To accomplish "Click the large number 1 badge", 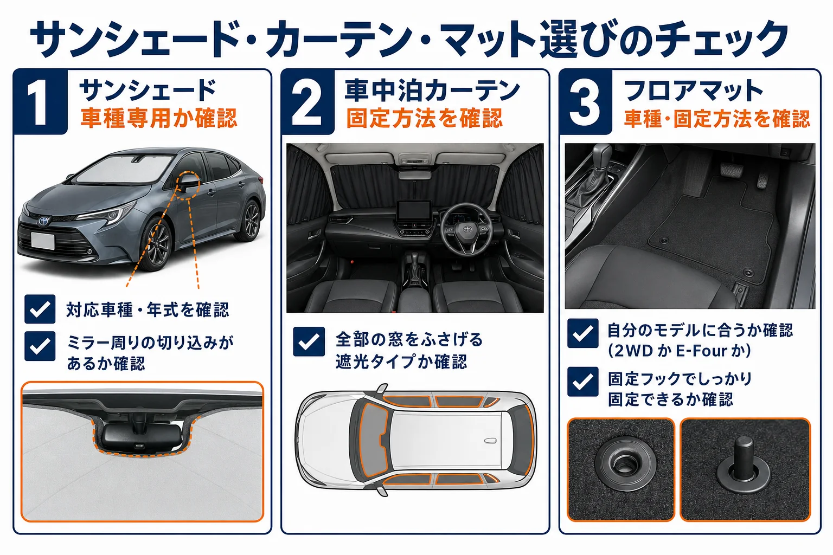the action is tap(41, 101).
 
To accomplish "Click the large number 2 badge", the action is tap(308, 101).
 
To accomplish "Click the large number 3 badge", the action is tap(585, 101).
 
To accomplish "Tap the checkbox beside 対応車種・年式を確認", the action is tap(40, 309).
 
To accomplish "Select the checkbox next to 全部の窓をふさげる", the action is tap(309, 341).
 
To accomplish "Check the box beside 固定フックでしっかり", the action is tap(583, 382).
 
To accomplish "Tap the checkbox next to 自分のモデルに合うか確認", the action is tap(583, 333).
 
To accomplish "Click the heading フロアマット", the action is tap(694, 91).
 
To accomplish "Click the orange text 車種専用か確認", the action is tap(159, 118).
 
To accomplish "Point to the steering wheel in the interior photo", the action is tap(466, 229).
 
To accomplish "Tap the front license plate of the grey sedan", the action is tap(43, 241).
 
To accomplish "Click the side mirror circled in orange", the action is tap(189, 183).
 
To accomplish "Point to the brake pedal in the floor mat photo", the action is tap(732, 170).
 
